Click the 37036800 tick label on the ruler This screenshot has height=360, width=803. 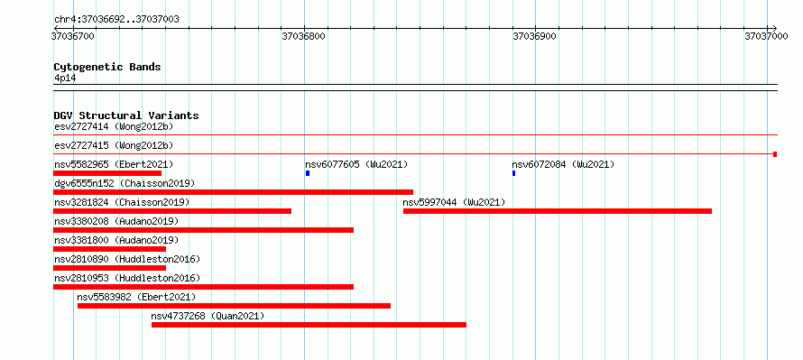pyautogui.click(x=303, y=36)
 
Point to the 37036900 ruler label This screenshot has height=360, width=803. pyautogui.click(x=534, y=36)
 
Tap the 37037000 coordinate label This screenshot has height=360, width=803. pyautogui.click(x=766, y=36)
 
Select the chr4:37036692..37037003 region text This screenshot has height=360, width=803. pyautogui.click(x=116, y=20)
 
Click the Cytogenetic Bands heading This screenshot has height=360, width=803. pyautogui.click(x=107, y=67)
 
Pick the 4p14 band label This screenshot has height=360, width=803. pyautogui.click(x=65, y=78)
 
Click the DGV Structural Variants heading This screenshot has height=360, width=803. pyautogui.click(x=126, y=115)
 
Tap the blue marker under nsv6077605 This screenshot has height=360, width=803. pyautogui.click(x=308, y=173)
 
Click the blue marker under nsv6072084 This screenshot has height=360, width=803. pyautogui.click(x=513, y=173)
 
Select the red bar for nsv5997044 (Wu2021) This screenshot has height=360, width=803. pyautogui.click(x=558, y=211)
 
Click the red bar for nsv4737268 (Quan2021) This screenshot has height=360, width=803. pyautogui.click(x=309, y=325)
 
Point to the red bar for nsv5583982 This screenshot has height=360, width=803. pyautogui.click(x=234, y=306)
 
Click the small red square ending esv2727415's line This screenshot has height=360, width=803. pyautogui.click(x=775, y=154)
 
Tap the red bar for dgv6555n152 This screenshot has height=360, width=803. pyautogui.click(x=233, y=192)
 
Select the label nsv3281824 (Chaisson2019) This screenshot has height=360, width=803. pyautogui.click(x=122, y=202)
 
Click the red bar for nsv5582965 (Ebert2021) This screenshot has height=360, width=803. pyautogui.click(x=107, y=173)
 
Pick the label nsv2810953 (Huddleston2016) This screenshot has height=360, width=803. pyautogui.click(x=127, y=278)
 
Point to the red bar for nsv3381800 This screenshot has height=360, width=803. pyautogui.click(x=109, y=249)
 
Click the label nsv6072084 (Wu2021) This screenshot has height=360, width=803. pyautogui.click(x=563, y=164)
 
